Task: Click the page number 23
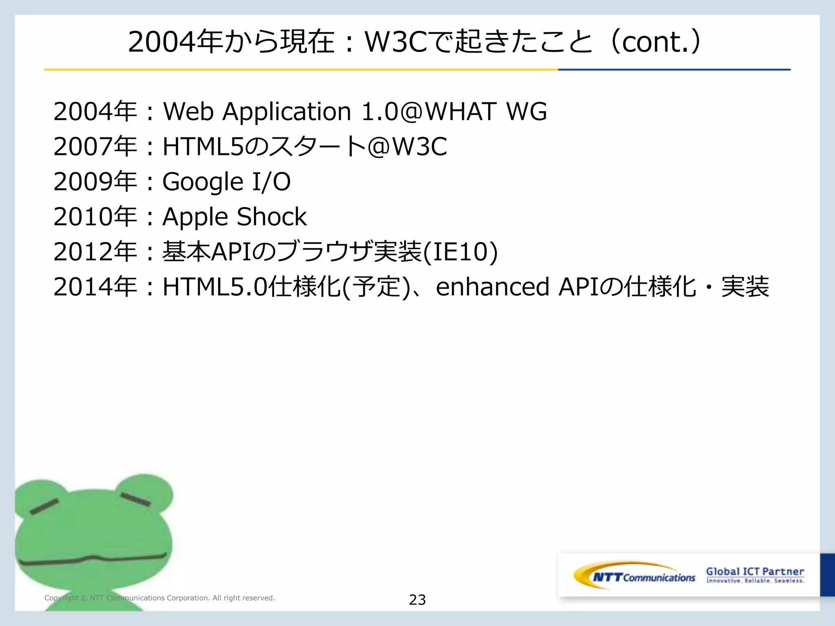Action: click(x=417, y=600)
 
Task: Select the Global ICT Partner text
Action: click(x=755, y=572)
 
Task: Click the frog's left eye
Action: click(x=44, y=507)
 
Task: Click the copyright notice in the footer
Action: click(x=159, y=598)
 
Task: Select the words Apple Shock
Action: click(x=234, y=216)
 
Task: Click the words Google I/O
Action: click(x=226, y=182)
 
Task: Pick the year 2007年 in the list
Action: click(x=95, y=147)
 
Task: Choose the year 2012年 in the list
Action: click(x=95, y=252)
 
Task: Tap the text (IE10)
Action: click(x=460, y=252)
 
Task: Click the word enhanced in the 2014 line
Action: click(x=493, y=287)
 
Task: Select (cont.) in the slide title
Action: click(x=656, y=42)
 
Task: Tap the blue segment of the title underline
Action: click(x=674, y=70)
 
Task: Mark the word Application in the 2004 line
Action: click(x=287, y=112)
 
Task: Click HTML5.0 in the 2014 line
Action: click(x=215, y=287)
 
